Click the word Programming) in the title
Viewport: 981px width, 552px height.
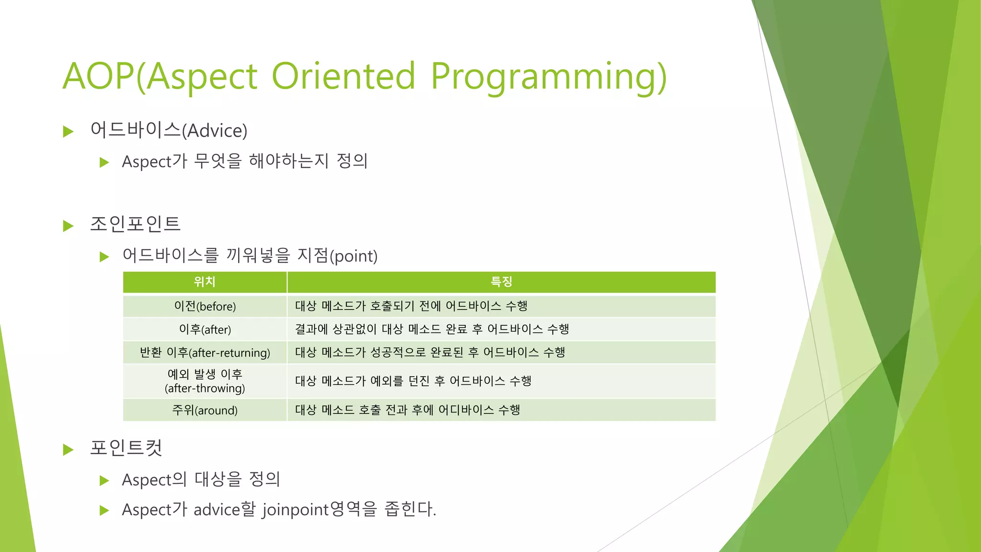(548, 77)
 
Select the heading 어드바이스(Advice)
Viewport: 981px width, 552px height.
(169, 130)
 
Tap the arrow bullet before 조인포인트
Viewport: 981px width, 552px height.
(68, 226)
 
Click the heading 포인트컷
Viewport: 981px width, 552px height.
(126, 448)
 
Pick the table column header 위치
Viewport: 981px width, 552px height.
(205, 282)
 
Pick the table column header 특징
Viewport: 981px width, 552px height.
(501, 282)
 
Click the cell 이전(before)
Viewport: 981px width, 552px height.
(205, 306)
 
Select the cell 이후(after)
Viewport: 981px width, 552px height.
(205, 329)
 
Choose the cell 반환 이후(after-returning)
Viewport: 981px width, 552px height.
(205, 353)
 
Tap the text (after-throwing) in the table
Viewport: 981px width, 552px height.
(205, 388)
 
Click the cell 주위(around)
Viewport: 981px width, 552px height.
(205, 410)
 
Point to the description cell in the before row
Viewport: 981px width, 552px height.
(411, 306)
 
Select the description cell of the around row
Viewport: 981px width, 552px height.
(407, 410)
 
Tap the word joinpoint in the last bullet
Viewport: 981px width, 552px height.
(295, 509)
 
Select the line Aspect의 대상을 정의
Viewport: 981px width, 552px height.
(201, 479)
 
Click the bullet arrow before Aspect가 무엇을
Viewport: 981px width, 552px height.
(104, 162)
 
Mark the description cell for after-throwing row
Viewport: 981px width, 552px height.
(413, 381)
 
